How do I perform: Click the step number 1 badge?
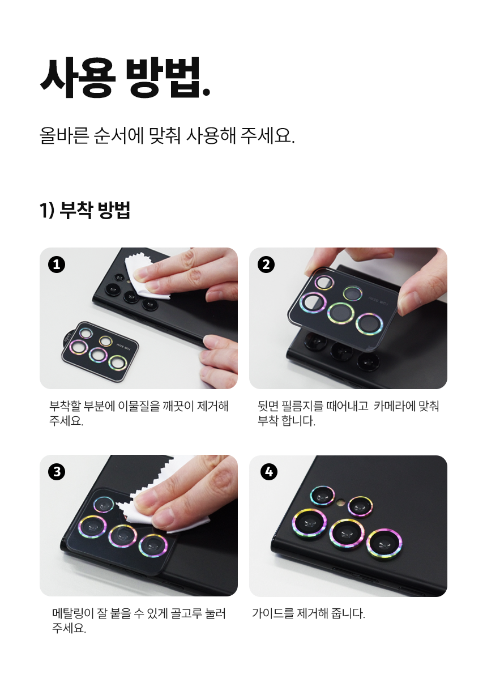[57, 265]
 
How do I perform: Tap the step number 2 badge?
[266, 265]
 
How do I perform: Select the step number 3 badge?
[57, 472]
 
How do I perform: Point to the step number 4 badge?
[269, 472]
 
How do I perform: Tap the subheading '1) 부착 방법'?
[85, 210]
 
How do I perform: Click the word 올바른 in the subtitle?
[65, 136]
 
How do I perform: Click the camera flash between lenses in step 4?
[341, 503]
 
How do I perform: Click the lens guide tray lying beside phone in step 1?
[100, 352]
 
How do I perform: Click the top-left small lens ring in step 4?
[322, 496]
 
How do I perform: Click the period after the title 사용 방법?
[207, 92]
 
